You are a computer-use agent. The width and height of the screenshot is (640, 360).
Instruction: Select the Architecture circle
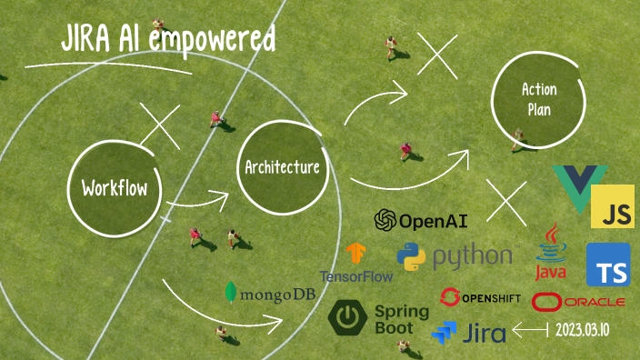281,167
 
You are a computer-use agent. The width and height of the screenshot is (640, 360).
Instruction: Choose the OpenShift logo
479,297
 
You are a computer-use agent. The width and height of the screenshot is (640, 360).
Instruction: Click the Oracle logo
578,301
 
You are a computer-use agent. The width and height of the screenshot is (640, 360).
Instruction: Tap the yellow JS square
612,207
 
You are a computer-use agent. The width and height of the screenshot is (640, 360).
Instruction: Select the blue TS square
607,265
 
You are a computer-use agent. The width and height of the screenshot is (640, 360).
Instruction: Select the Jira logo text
485,333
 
